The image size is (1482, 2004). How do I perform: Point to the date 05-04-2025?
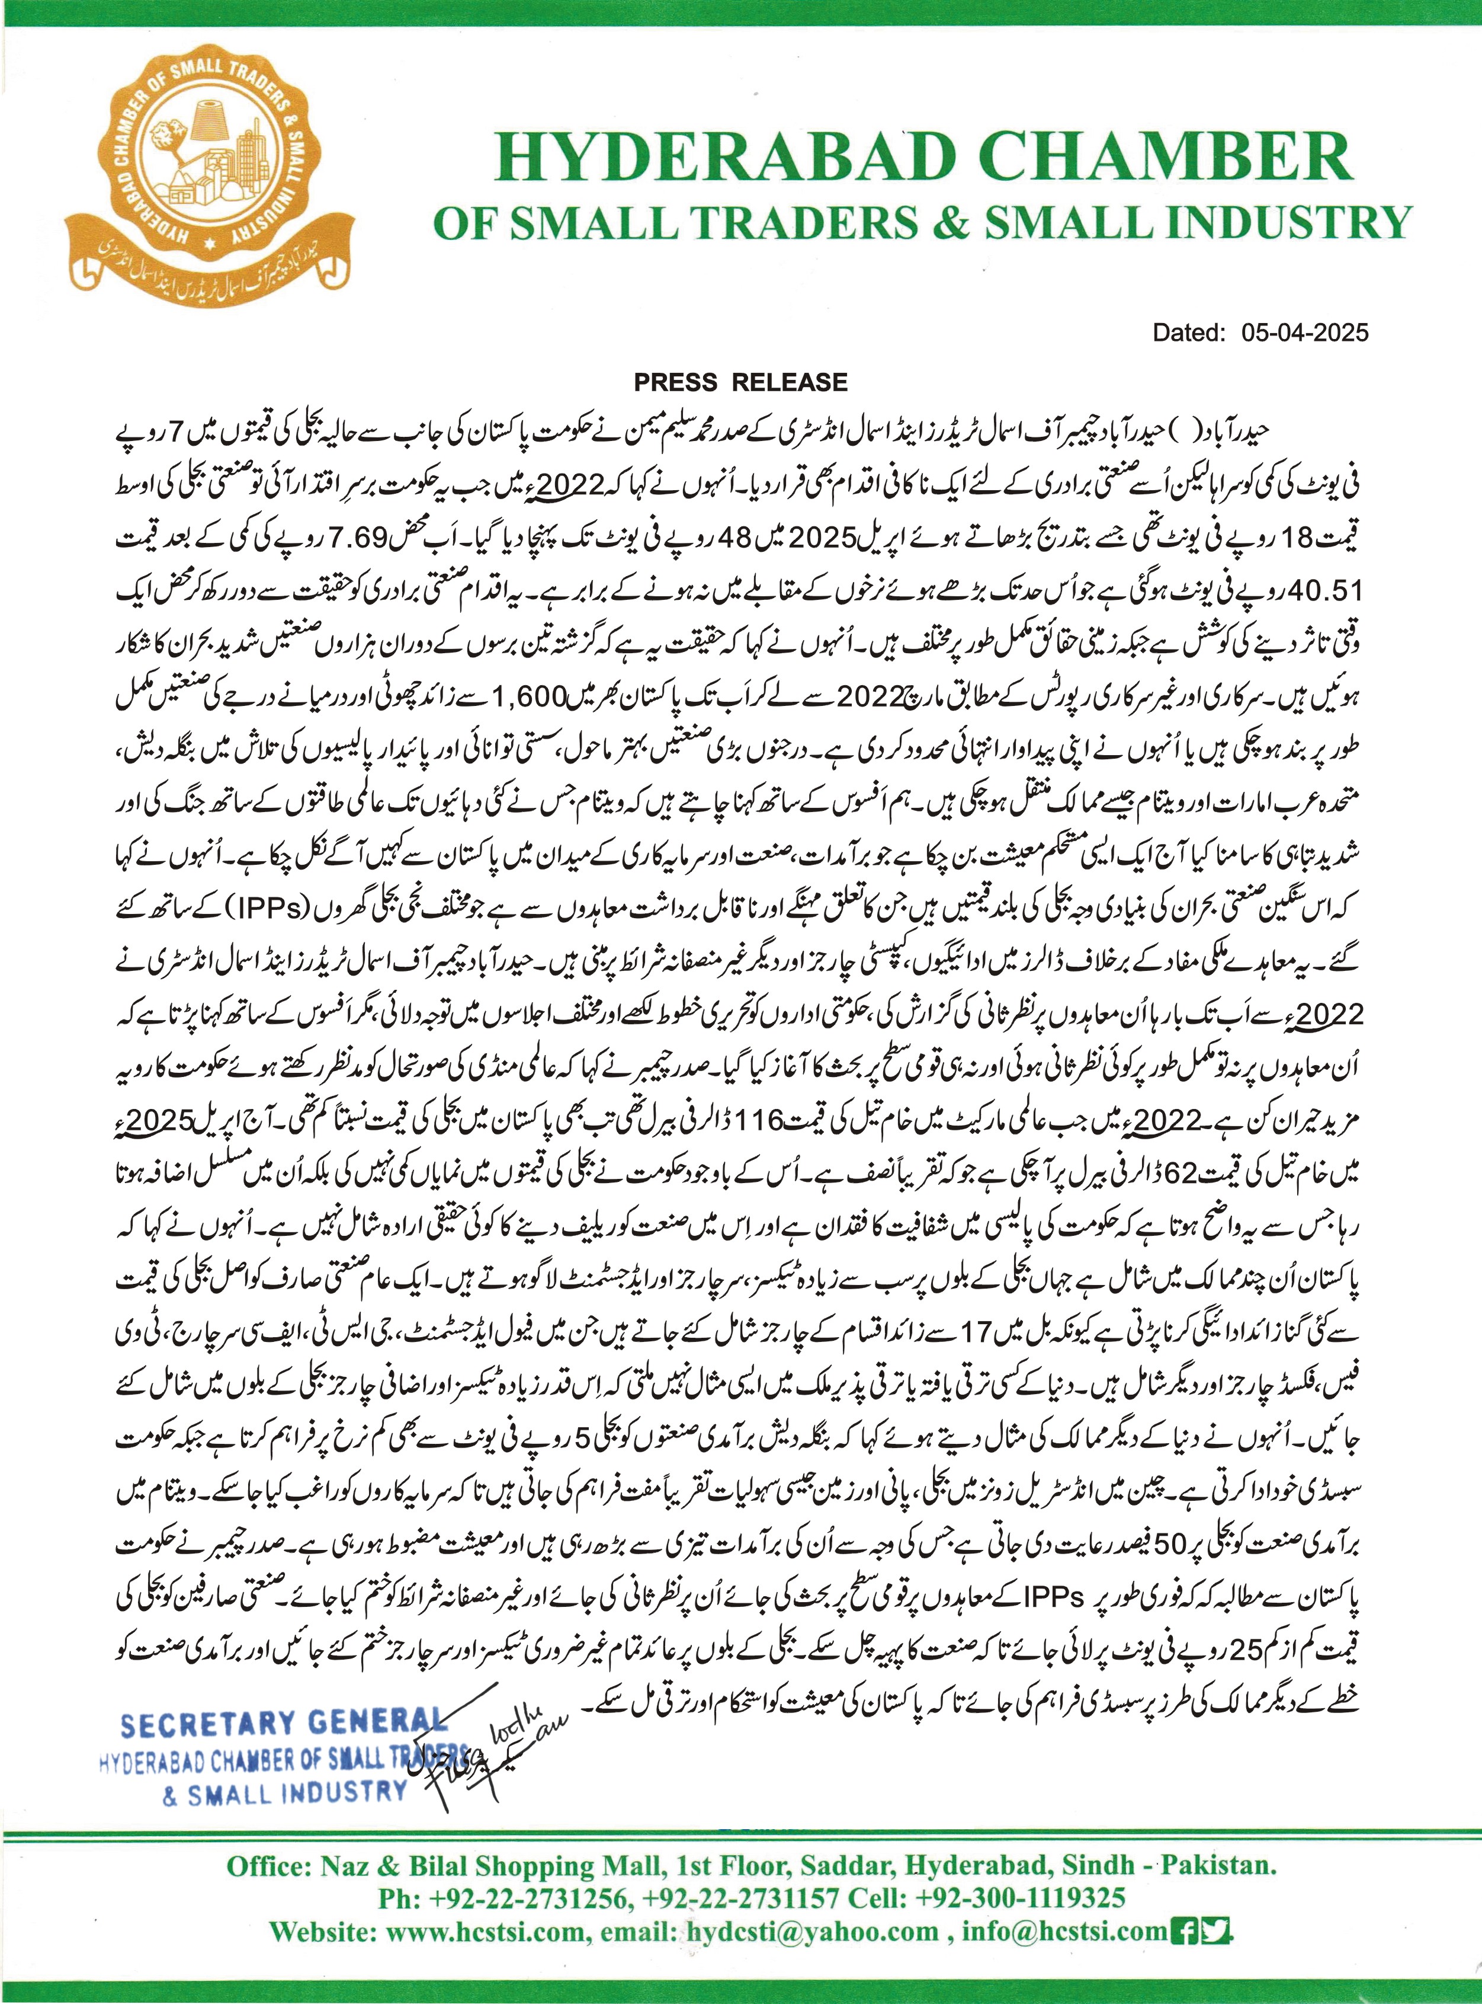click(1305, 333)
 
